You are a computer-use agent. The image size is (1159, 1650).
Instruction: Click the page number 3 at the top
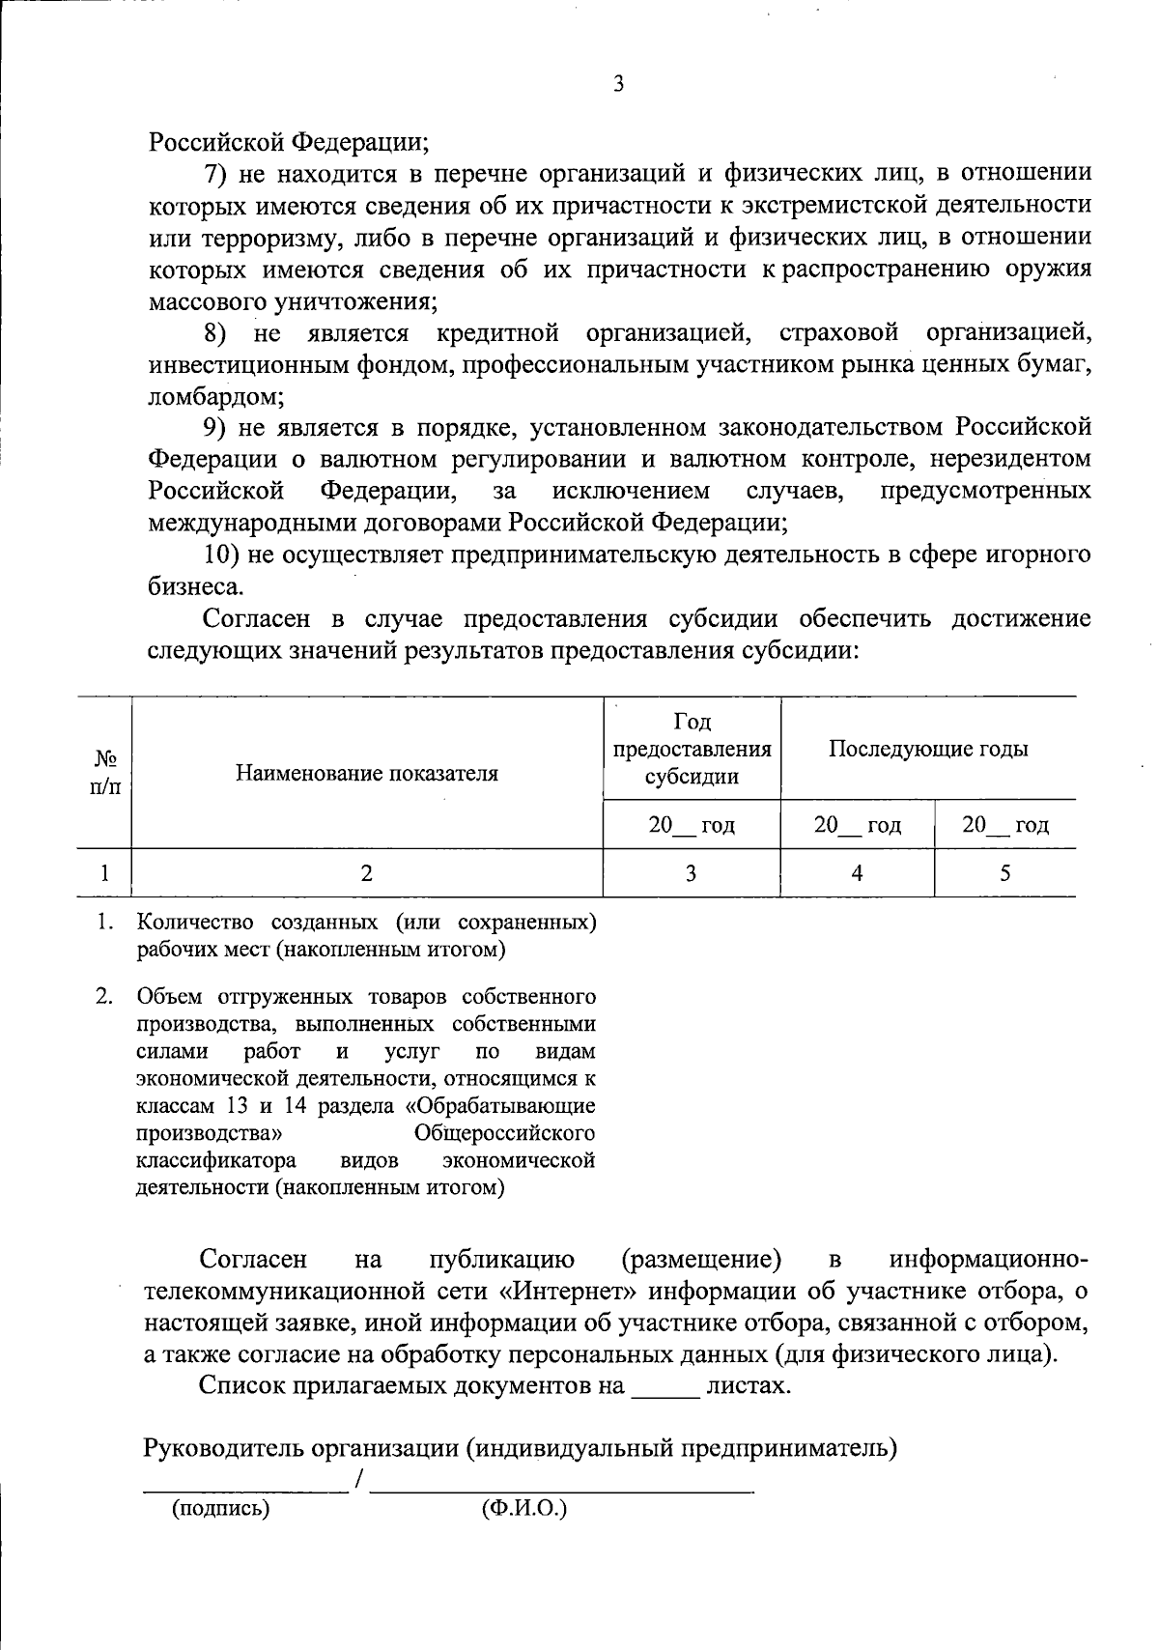point(618,85)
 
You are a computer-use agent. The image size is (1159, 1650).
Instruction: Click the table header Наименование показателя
point(367,773)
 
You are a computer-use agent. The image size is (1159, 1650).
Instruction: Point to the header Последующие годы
point(928,749)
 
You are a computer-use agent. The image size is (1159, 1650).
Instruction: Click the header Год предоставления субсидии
point(692,749)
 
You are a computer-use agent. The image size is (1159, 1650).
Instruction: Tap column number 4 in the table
point(857,873)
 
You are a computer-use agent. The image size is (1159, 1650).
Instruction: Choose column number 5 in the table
point(1005,873)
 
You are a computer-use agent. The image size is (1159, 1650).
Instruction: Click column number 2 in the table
point(366,873)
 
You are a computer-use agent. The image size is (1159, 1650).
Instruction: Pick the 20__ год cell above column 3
point(692,825)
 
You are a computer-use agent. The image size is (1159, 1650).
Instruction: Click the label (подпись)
point(220,1508)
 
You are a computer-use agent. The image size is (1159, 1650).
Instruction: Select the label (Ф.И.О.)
point(523,1508)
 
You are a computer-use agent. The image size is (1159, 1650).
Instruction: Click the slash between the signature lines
point(359,1479)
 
